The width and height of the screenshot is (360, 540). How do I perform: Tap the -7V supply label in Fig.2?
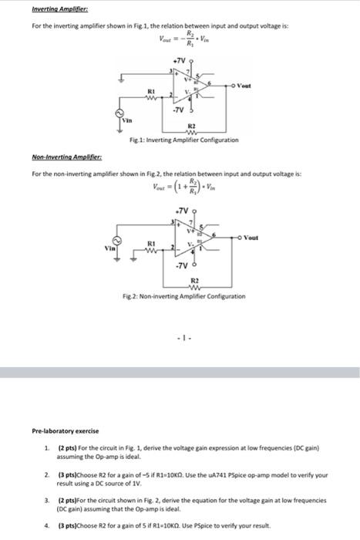181,266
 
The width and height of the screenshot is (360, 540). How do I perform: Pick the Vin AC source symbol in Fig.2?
118,238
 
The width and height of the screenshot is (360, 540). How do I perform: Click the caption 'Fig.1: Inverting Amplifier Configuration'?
183,140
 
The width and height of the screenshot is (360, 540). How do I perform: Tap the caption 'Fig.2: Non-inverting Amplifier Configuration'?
183,296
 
